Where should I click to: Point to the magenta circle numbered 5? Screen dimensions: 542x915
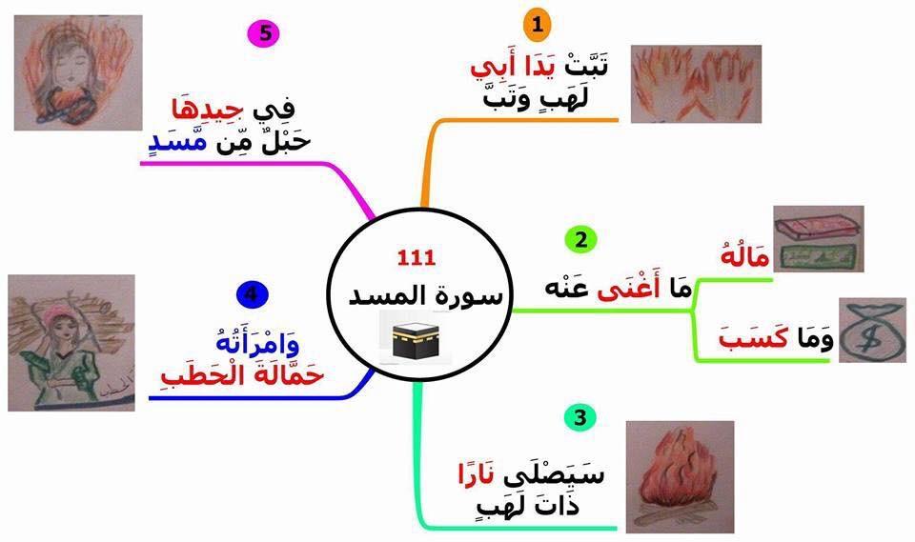coord(264,33)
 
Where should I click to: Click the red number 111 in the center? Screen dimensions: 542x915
coord(417,257)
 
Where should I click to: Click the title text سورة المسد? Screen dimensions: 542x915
coord(417,294)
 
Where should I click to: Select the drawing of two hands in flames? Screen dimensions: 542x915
coord(696,84)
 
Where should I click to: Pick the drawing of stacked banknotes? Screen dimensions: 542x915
coord(817,242)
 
